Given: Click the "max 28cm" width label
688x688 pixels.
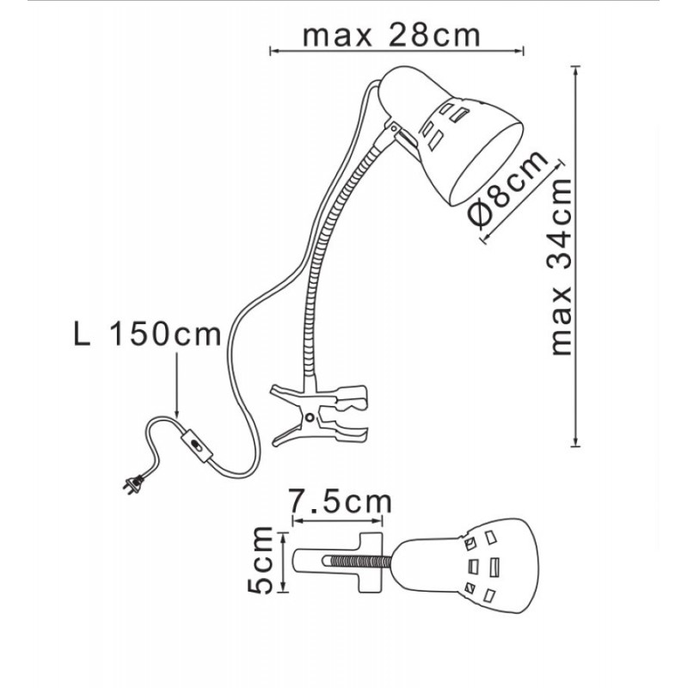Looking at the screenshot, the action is coord(391,35).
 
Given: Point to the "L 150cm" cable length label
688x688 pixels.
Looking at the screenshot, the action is coord(147,335).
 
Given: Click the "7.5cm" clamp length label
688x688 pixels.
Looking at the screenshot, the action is coord(340,502).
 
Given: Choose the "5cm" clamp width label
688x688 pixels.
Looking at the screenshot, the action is coord(261,561).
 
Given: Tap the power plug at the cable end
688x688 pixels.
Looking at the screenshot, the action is coord(133,483).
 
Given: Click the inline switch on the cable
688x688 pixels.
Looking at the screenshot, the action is coord(198,446).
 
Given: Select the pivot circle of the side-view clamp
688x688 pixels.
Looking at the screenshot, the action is coord(310,417).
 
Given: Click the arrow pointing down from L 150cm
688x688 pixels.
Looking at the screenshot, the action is coord(176,384).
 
